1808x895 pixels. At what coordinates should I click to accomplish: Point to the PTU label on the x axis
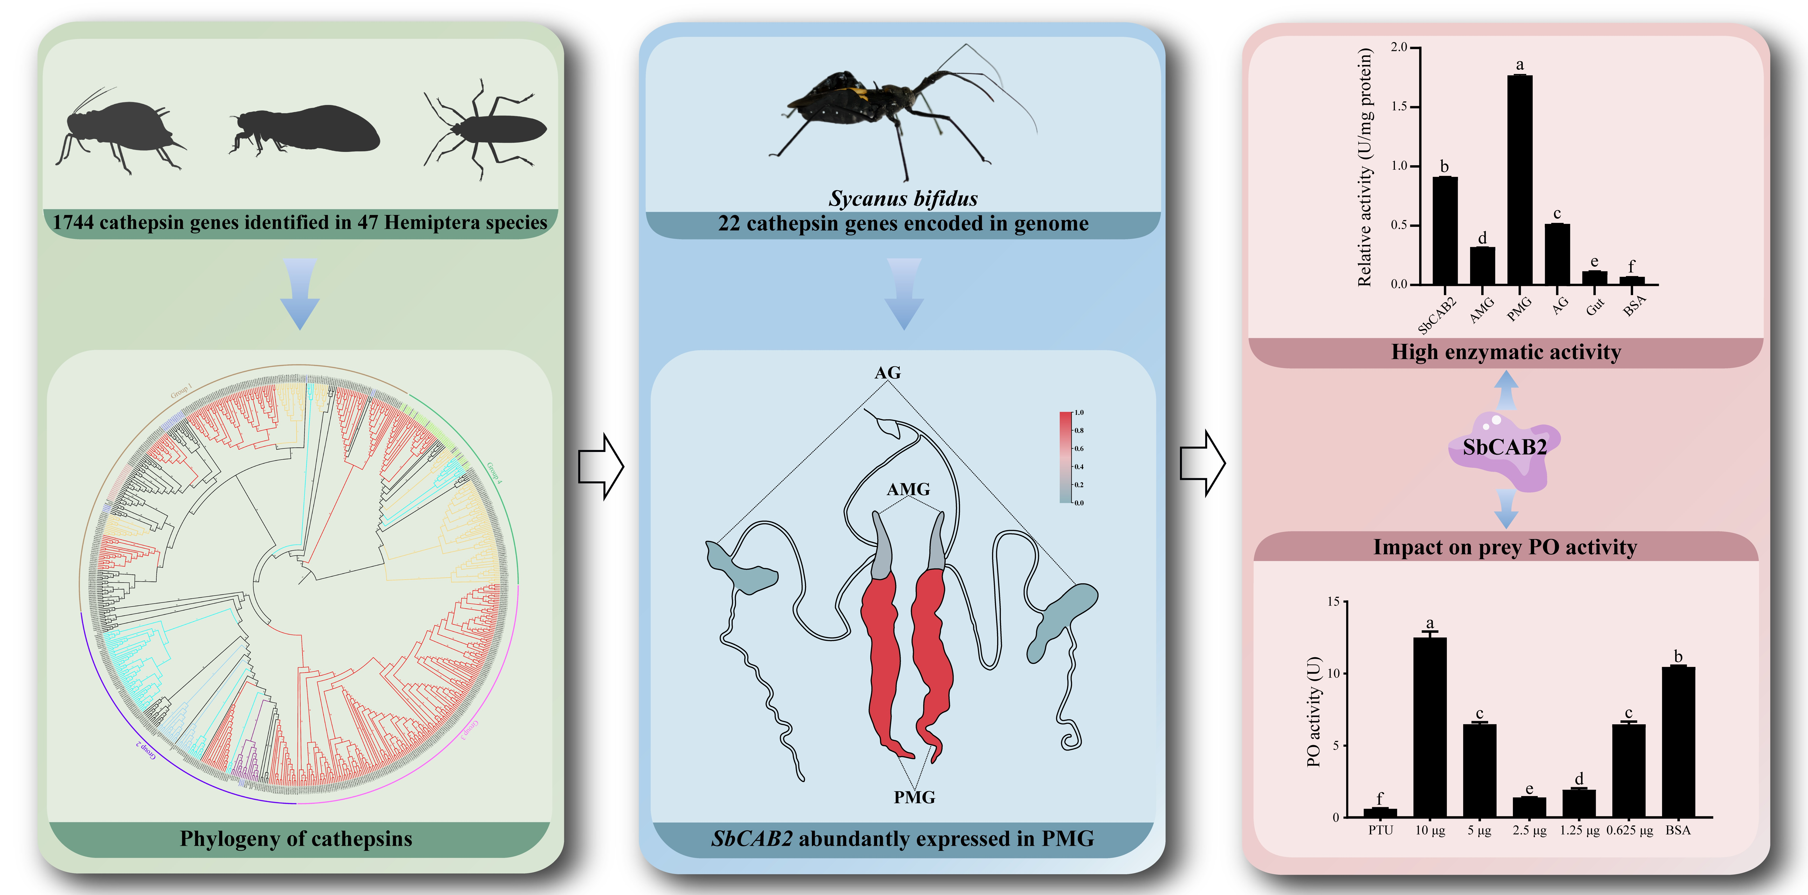point(1380,830)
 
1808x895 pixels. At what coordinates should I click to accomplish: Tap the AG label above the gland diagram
point(887,373)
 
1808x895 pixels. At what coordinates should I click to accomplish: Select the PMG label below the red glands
point(914,798)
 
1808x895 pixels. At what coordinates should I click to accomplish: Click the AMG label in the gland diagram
point(908,489)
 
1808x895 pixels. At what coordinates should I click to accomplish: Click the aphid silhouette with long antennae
point(119,133)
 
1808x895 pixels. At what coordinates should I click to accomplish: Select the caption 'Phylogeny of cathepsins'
point(296,839)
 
